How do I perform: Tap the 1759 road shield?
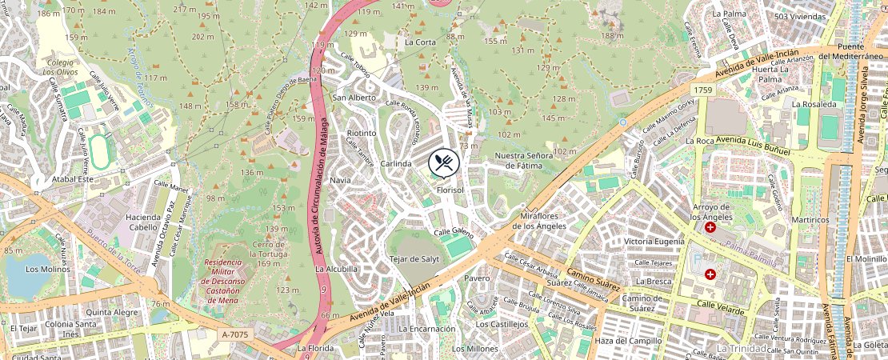(703, 90)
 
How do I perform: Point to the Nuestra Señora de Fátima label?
(524, 160)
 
